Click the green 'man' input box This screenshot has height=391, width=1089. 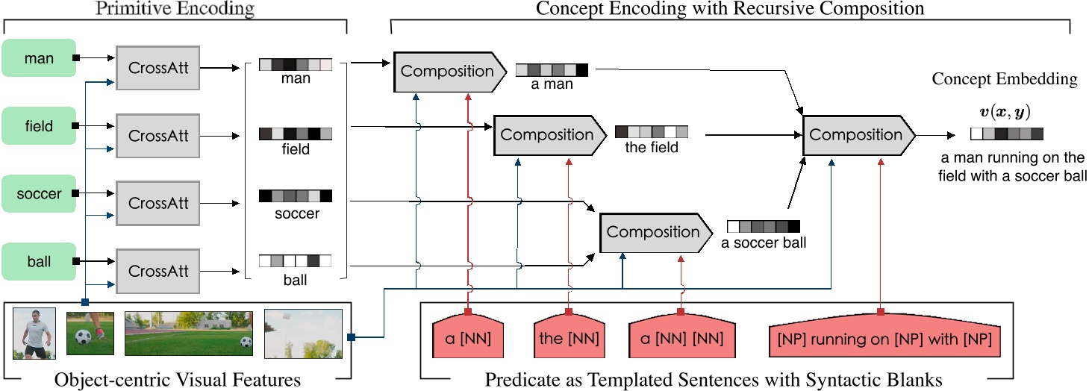click(39, 57)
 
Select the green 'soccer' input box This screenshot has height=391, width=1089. click(39, 194)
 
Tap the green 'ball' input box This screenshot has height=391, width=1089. click(39, 261)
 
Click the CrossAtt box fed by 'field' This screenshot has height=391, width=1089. click(157, 136)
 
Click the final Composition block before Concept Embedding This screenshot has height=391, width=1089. click(857, 135)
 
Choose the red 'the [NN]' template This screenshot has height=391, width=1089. click(568, 339)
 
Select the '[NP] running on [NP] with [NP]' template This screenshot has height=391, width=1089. click(880, 339)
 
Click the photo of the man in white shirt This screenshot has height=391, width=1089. click(34, 333)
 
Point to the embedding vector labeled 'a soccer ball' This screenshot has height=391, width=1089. click(763, 226)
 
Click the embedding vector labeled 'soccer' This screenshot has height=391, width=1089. click(295, 197)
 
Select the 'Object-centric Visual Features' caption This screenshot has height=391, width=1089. click(178, 380)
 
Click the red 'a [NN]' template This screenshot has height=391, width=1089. click(468, 339)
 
